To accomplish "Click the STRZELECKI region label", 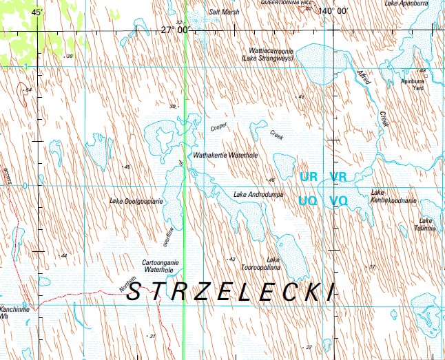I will (231, 291).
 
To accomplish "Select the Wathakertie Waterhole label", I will (226, 156).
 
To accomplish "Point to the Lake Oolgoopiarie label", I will (136, 201).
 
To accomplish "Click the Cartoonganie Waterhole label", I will (160, 266).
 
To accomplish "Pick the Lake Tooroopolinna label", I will (273, 263).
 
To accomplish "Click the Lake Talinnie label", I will (425, 224).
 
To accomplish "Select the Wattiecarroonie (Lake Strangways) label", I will (269, 55).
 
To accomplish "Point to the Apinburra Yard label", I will (413, 84).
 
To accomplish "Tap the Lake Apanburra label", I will (401, 3).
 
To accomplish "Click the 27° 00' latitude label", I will (175, 30).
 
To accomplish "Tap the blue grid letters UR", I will (308, 177).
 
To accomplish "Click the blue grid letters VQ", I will (338, 201).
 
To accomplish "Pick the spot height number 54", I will (28, 90).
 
